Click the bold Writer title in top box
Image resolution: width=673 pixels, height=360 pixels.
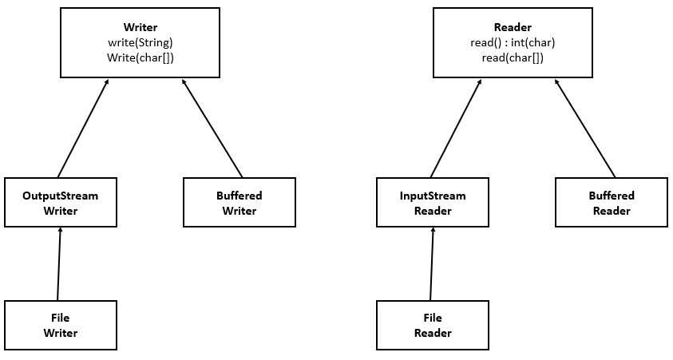pos(141,27)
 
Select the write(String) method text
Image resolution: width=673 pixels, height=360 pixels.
pos(141,42)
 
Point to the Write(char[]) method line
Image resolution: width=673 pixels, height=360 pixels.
pos(141,57)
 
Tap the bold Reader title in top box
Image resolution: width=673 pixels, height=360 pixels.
pos(513,27)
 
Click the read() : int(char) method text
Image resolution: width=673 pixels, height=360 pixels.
pos(513,42)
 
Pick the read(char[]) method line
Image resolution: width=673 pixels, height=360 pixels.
pos(513,57)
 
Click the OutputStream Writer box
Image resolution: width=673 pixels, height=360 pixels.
pos(61,202)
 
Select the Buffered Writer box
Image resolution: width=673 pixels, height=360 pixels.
pos(240,202)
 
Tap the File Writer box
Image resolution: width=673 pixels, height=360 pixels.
pos(61,325)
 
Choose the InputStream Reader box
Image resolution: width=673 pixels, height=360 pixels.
pos(433,202)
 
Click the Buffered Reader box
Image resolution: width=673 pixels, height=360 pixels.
pos(612,202)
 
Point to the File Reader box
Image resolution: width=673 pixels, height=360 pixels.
pos(433,325)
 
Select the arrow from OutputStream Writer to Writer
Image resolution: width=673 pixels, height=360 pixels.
pos(83,128)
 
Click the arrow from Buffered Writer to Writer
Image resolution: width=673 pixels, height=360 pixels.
pos(212,128)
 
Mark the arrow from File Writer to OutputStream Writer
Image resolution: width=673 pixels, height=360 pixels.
pos(59,264)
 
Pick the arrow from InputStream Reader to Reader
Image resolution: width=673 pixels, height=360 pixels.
pos(455,128)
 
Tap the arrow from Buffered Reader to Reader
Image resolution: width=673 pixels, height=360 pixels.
pos(584,128)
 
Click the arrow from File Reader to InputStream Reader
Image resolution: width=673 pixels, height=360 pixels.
pos(432,264)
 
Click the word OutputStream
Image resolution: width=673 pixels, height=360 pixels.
pos(61,196)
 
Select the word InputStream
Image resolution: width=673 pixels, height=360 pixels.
pos(433,196)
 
